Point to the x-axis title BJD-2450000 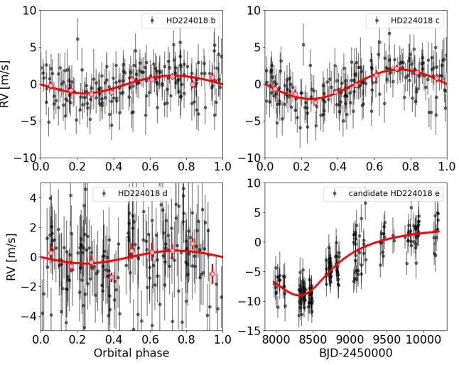coord(356,353)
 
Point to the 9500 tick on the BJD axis coord(387,341)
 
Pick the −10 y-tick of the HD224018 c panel coord(251,158)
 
